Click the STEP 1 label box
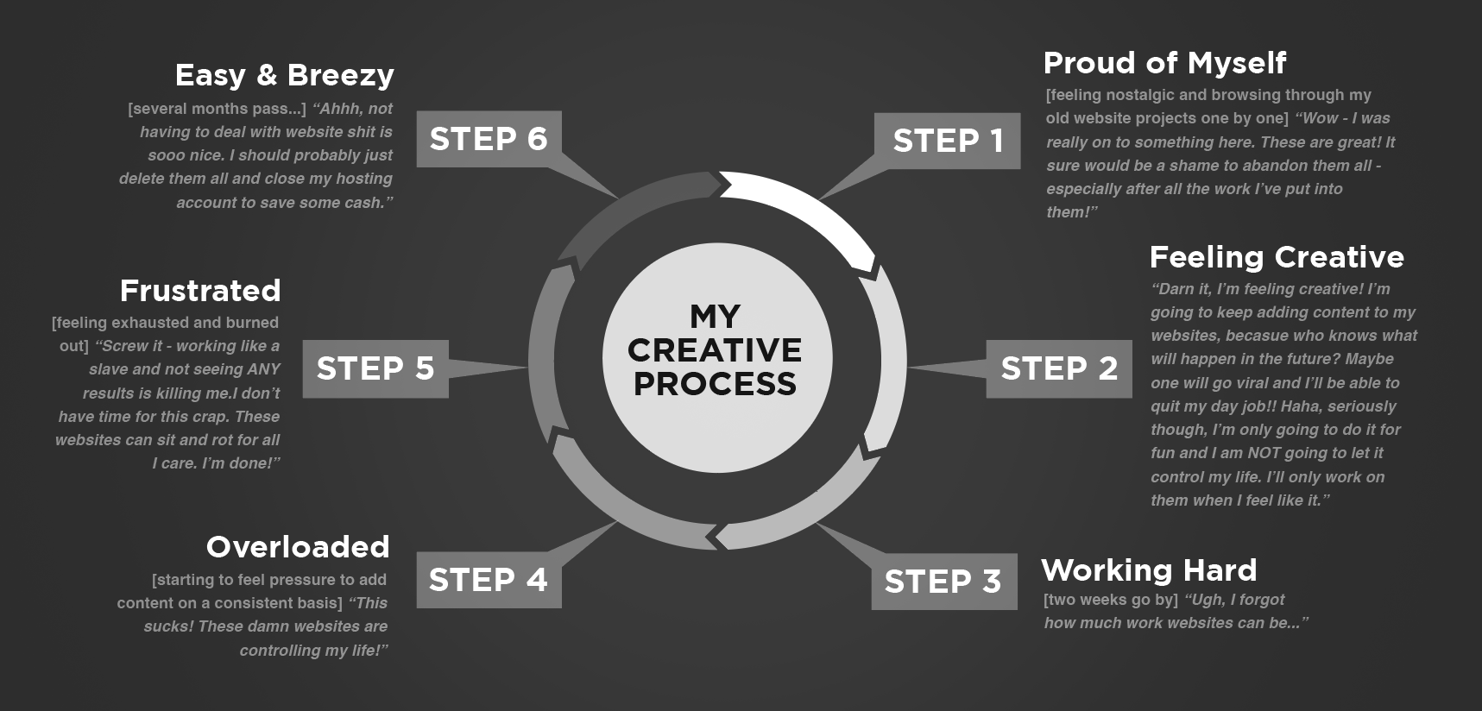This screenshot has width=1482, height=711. click(947, 141)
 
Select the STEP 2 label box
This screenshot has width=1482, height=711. click(1059, 368)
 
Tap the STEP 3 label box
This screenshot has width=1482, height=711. click(943, 582)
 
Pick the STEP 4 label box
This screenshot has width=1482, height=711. click(489, 580)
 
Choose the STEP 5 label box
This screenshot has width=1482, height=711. click(375, 368)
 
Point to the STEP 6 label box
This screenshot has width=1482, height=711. click(489, 139)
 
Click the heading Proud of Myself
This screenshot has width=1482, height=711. click(1164, 63)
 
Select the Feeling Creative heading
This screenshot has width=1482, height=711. click(1277, 257)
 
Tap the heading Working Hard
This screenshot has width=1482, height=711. click(1149, 570)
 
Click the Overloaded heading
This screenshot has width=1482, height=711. click(298, 547)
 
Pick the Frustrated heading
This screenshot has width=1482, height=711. click(200, 291)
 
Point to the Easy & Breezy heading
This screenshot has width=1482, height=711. click(285, 75)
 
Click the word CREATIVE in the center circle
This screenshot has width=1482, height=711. click(715, 350)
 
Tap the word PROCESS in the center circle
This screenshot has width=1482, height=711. click(715, 384)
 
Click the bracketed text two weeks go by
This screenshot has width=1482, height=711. click(1110, 600)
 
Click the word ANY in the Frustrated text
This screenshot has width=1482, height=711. click(264, 369)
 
